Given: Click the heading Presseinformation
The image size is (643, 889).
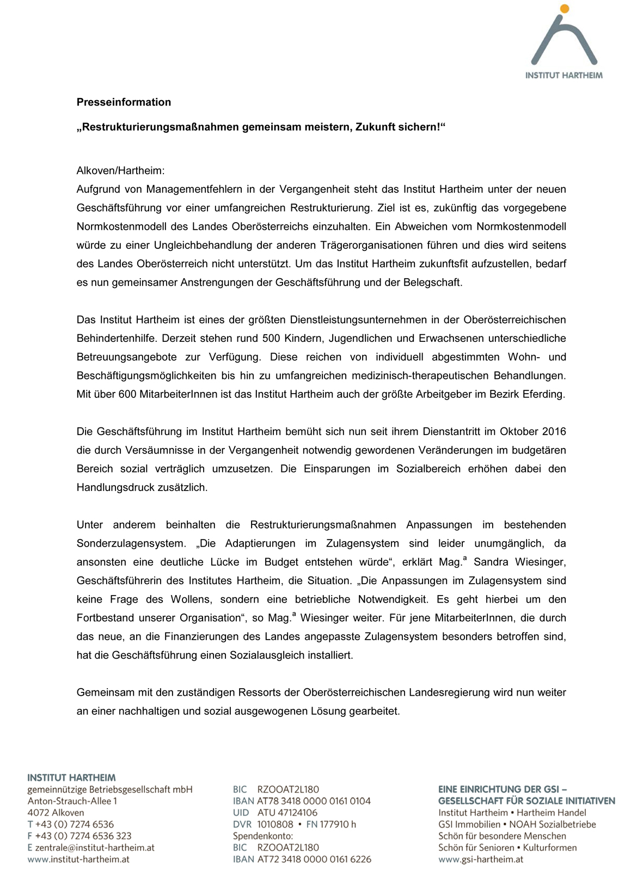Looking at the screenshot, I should (124, 102).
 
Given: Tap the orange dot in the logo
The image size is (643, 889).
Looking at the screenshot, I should (565, 9).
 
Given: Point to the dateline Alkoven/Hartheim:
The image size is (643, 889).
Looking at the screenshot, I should (120, 170).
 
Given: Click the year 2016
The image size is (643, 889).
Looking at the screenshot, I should (554, 432).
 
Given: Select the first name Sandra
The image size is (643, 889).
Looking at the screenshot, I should (492, 562).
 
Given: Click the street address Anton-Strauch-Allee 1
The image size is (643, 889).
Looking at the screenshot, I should (72, 801).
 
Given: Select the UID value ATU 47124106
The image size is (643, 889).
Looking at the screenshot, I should (287, 813).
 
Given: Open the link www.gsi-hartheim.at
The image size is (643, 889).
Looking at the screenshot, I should (481, 860).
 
